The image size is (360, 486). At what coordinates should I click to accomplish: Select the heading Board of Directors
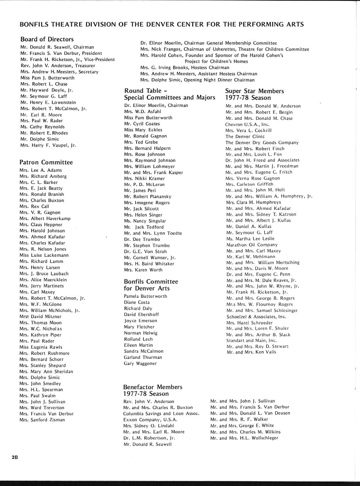pos(47,39)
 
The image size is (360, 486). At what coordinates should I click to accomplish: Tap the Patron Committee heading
pos(46,162)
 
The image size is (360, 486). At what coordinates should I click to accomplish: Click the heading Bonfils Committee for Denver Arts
pos(151,285)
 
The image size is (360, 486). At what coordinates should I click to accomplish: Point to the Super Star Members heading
pos(255,94)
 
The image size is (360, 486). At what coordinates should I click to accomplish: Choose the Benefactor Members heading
pos(153,390)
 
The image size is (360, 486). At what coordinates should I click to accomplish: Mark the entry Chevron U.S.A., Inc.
pos(247,124)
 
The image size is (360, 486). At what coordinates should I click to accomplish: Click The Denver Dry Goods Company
pos(262,143)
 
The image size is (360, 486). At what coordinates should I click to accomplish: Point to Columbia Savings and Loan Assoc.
pos(161,414)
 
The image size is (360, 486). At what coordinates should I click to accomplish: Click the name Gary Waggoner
pos(140,364)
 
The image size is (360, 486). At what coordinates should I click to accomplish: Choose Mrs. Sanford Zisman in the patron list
pos(42,420)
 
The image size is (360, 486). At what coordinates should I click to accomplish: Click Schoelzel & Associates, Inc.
pos(256,317)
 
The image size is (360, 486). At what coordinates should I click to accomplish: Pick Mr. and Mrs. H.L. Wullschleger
pos(244,438)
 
